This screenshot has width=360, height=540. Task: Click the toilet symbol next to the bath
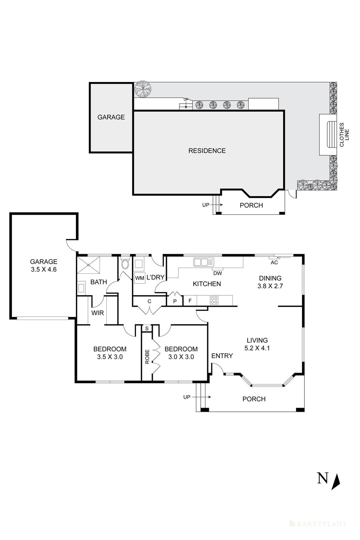pyautogui.click(x=125, y=264)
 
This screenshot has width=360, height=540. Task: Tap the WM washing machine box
pyautogui.click(x=139, y=278)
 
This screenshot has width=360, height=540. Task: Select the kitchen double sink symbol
pyautogui.click(x=204, y=262)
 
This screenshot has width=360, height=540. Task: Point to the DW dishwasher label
pyautogui.click(x=218, y=273)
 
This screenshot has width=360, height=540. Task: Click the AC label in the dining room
pyautogui.click(x=274, y=262)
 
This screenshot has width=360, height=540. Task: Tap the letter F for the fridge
pyautogui.click(x=190, y=300)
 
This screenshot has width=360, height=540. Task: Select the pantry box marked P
pyautogui.click(x=175, y=301)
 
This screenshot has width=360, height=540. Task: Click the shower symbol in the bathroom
pyautogui.click(x=89, y=265)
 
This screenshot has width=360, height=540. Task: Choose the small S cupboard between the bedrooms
pyautogui.click(x=147, y=328)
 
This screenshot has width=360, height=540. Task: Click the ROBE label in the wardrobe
pyautogui.click(x=147, y=356)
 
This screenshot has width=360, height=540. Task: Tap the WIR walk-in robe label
pyautogui.click(x=98, y=313)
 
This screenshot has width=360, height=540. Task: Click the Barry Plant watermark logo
pyautogui.click(x=317, y=514)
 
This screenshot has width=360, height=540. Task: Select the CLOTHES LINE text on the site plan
pyautogui.click(x=344, y=135)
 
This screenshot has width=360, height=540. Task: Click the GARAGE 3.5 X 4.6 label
pyautogui.click(x=44, y=265)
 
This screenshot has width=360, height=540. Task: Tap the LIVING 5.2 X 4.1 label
pyautogui.click(x=257, y=344)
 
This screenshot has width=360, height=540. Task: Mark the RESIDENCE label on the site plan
pyautogui.click(x=207, y=151)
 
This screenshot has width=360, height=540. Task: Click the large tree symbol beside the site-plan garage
pyautogui.click(x=143, y=89)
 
